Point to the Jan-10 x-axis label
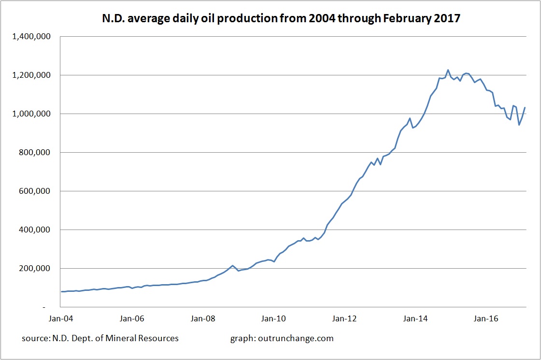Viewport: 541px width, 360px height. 273,319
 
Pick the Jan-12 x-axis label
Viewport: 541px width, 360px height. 344,319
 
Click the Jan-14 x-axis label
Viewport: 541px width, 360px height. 415,319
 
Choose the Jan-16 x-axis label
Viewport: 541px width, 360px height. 486,319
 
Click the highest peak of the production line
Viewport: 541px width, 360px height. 448,70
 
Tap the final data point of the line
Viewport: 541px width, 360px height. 525,108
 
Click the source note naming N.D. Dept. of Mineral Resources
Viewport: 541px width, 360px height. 100,338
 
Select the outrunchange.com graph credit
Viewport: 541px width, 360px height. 282,338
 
